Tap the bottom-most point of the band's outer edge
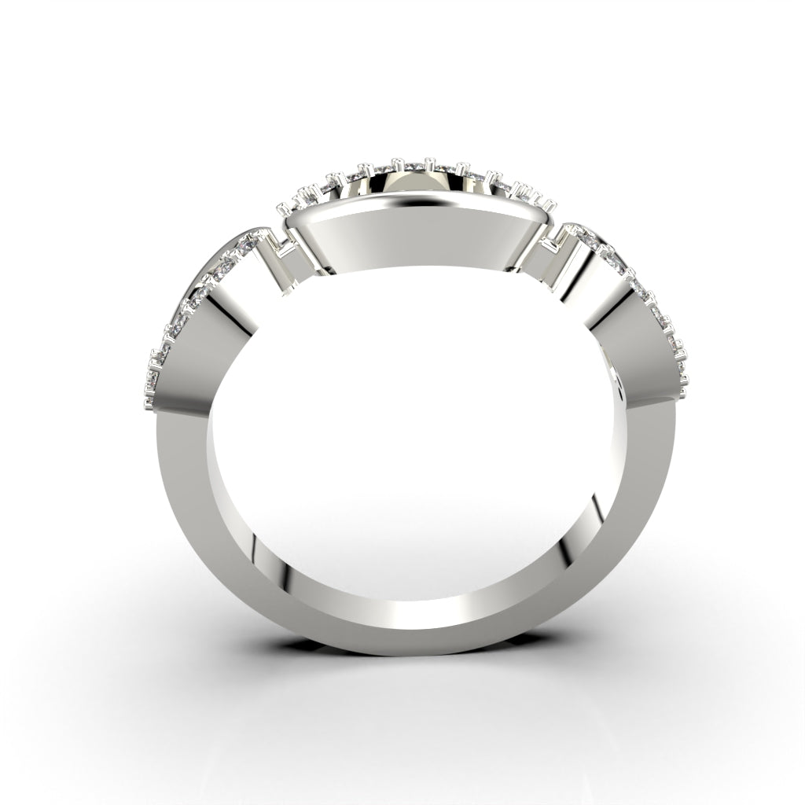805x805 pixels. point(409,656)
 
